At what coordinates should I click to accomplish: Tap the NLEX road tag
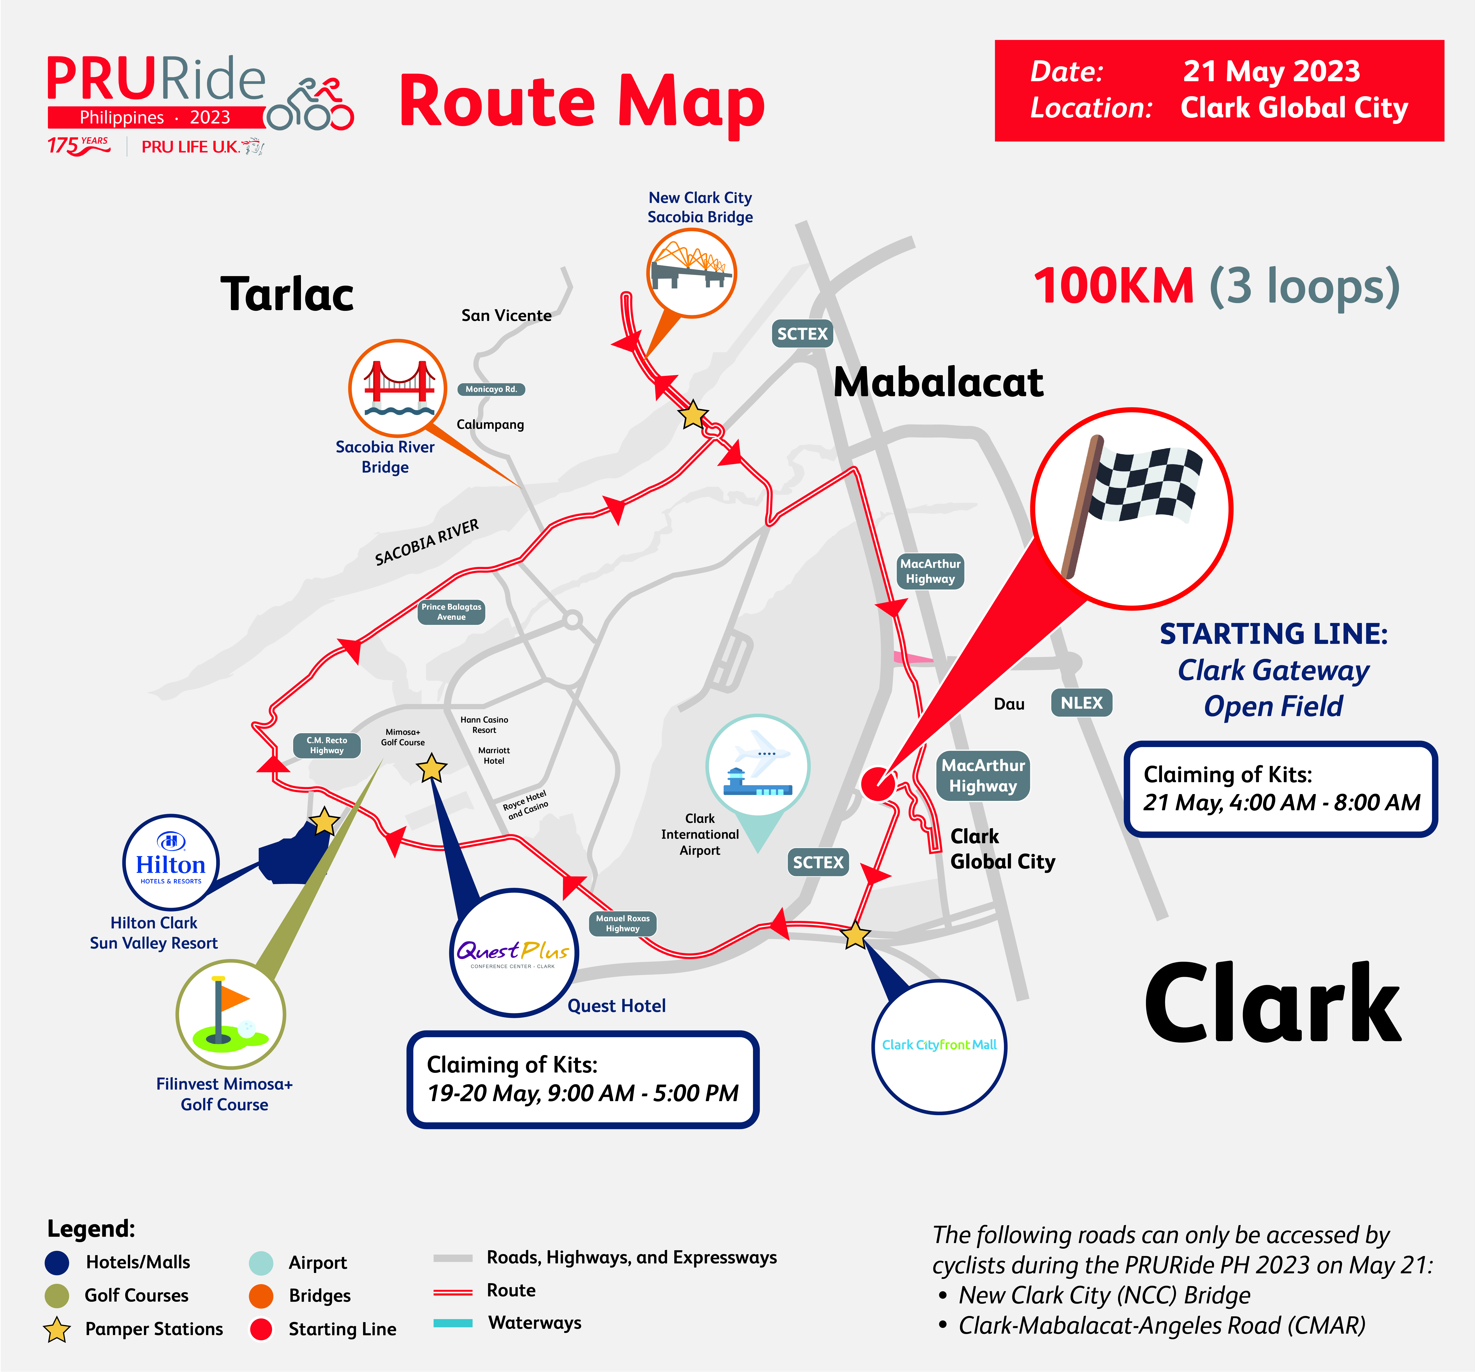pyautogui.click(x=1081, y=703)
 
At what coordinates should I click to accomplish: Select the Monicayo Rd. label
pyautogui.click(x=491, y=389)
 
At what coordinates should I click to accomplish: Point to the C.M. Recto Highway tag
pyautogui.click(x=327, y=745)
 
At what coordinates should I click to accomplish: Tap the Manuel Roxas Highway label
pyautogui.click(x=622, y=923)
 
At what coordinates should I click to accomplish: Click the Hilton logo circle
pyautogui.click(x=171, y=862)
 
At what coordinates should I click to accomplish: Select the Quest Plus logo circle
pyautogui.click(x=514, y=953)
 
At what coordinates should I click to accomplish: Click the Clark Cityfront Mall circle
pyautogui.click(x=939, y=1046)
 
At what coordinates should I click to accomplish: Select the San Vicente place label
pyautogui.click(x=507, y=315)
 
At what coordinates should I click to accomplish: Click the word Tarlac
pyautogui.click(x=287, y=294)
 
